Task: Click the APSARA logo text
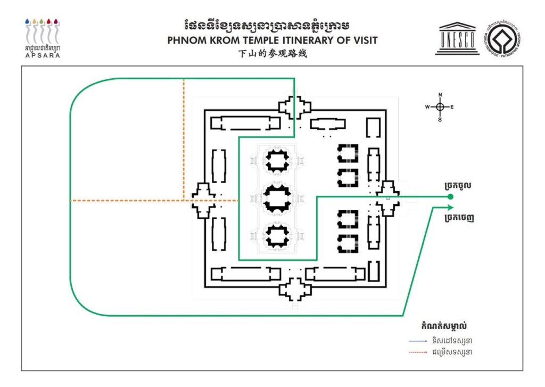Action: click(42, 55)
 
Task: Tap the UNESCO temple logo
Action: click(457, 38)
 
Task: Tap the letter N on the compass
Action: click(440, 95)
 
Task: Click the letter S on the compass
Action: click(440, 119)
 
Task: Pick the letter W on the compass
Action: click(427, 107)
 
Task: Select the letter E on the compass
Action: click(452, 107)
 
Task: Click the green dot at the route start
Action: click(450, 197)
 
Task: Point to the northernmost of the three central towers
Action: click(277, 160)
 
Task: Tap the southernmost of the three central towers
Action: click(277, 236)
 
